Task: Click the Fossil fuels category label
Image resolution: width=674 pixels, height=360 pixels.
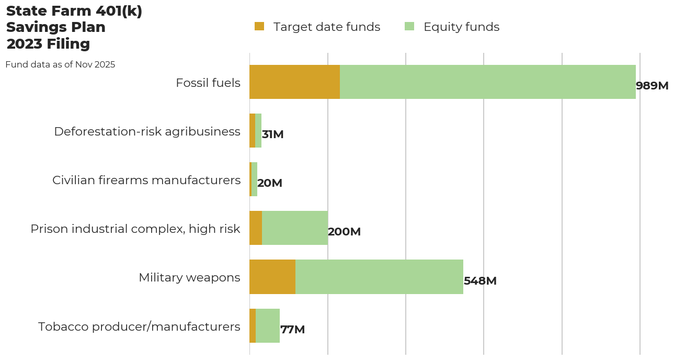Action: coord(208,83)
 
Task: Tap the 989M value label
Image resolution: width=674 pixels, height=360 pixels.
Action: coord(652,86)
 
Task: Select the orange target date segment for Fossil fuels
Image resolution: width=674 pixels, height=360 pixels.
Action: coord(294,82)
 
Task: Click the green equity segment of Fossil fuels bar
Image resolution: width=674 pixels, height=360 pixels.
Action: coord(487,82)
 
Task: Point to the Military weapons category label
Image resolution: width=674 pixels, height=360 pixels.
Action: coord(189,277)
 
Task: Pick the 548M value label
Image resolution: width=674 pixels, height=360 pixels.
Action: coord(480,281)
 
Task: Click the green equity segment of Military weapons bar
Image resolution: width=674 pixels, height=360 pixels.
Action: coord(379,277)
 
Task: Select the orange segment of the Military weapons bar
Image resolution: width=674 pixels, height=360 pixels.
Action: coord(272,277)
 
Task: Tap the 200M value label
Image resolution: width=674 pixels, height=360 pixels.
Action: coord(344,232)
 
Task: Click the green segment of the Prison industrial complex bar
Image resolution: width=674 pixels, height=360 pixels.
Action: coord(295,228)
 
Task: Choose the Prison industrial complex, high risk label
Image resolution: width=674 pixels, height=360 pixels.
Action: coord(135,229)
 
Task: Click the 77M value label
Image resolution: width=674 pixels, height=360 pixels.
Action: coord(292,330)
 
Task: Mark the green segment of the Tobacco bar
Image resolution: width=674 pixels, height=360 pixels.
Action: coord(268,325)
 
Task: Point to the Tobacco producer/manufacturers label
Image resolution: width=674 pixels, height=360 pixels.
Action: coord(139,327)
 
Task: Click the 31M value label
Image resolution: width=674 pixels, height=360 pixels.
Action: coord(272,134)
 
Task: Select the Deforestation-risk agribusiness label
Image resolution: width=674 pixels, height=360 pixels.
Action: coord(147,131)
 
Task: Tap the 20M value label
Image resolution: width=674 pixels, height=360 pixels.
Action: coord(269,183)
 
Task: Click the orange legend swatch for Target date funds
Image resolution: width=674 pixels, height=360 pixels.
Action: coord(259,26)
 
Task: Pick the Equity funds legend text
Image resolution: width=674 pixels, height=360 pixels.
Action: coord(461,27)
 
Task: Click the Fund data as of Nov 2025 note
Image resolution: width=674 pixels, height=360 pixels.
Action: coord(60,65)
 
